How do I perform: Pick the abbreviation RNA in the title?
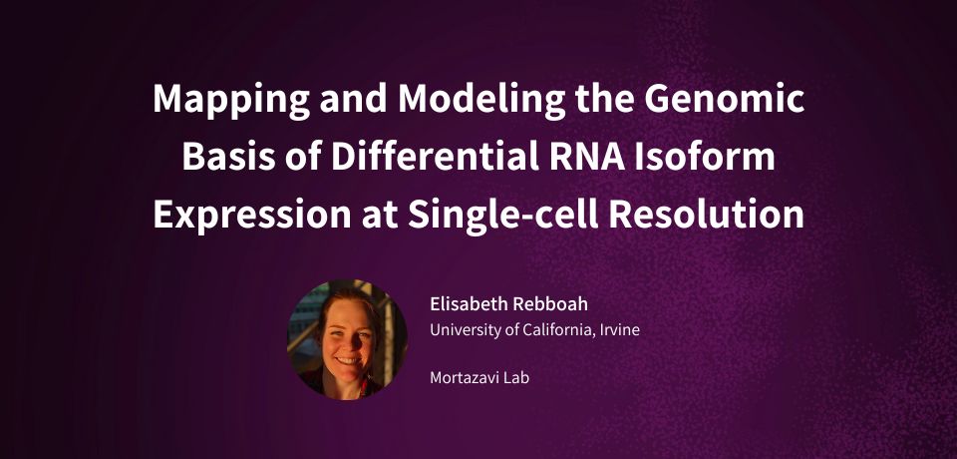point(583,157)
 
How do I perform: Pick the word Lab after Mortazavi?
point(516,378)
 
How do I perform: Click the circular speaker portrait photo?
point(347,340)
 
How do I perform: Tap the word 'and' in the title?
point(354,100)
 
